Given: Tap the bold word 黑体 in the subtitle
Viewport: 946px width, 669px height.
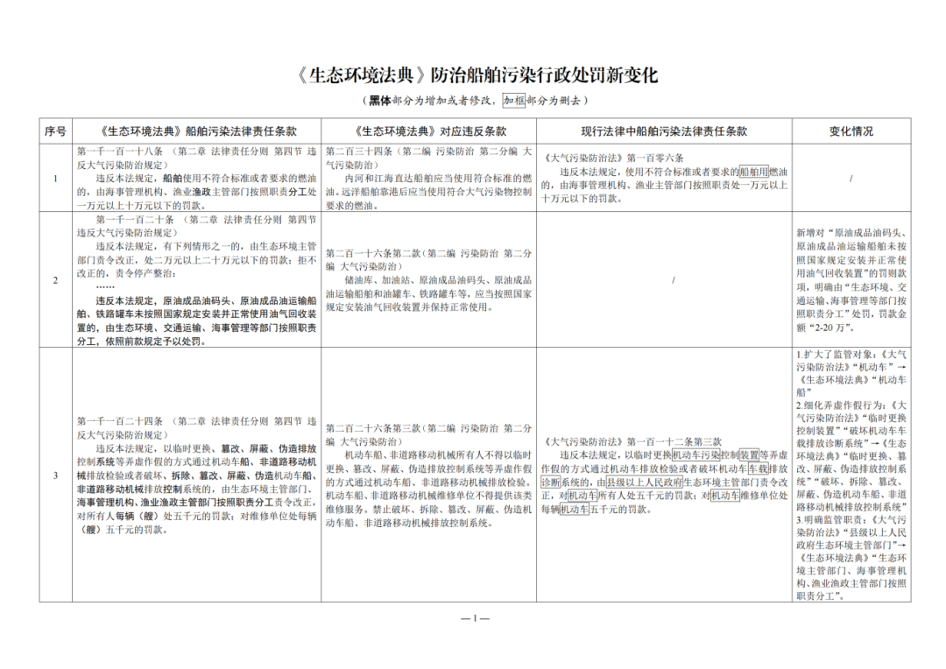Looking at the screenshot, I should coord(379,101).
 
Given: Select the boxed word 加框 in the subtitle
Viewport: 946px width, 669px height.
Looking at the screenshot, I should coord(513,101).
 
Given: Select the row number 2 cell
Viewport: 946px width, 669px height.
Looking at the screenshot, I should coord(56,280).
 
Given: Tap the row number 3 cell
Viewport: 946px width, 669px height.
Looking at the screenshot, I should coord(56,475).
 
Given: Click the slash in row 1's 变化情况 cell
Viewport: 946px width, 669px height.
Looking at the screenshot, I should coord(851,179).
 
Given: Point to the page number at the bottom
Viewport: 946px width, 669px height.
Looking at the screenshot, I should coord(474,618).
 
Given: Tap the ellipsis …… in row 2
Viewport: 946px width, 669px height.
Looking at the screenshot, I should coord(105,286).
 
